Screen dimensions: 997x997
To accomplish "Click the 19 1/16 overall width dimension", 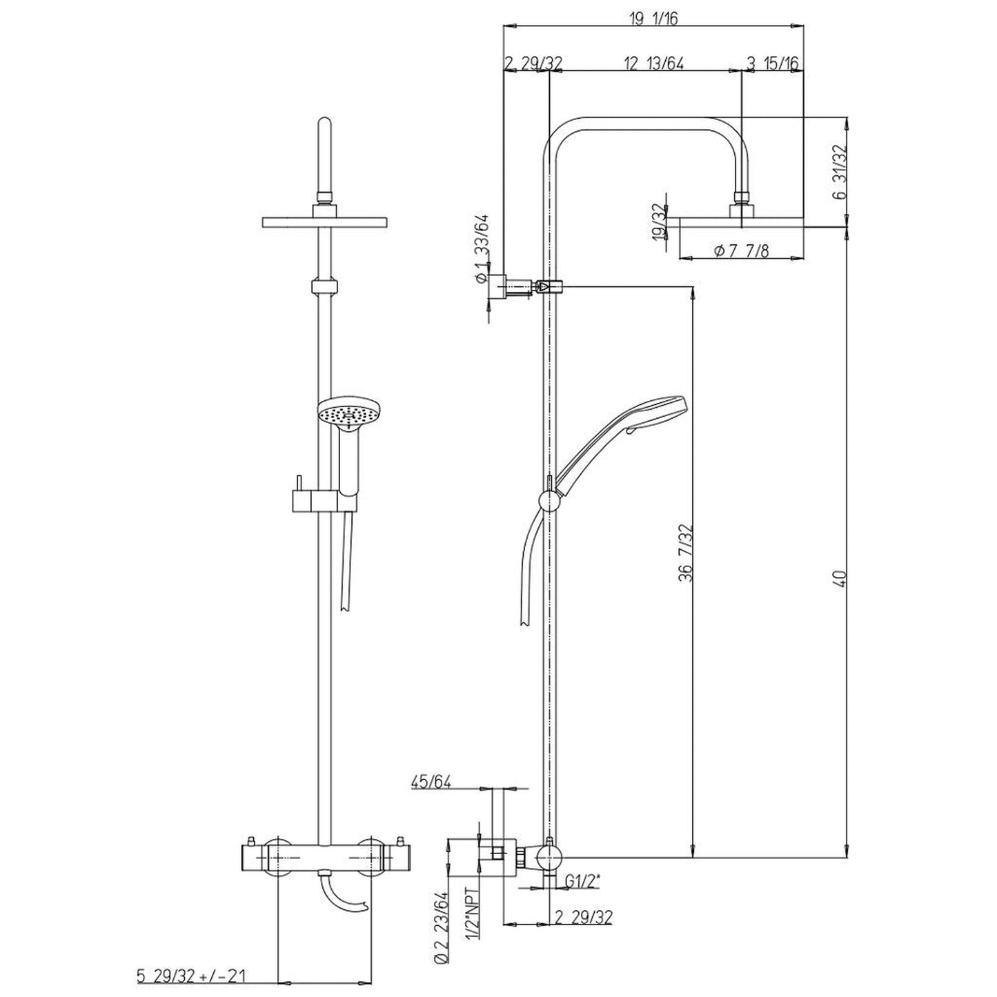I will pyautogui.click(x=653, y=19).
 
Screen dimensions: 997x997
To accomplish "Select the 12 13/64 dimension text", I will pyautogui.click(x=653, y=63).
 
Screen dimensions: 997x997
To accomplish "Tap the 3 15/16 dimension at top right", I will pyautogui.click(x=773, y=63).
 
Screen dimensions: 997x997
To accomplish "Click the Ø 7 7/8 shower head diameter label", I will pyautogui.click(x=740, y=250).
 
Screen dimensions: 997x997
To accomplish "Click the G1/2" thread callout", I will pyautogui.click(x=582, y=880).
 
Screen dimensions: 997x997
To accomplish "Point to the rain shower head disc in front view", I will pyautogui.click(x=324, y=221).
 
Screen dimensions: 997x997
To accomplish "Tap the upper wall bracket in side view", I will pyautogui.click(x=502, y=286).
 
